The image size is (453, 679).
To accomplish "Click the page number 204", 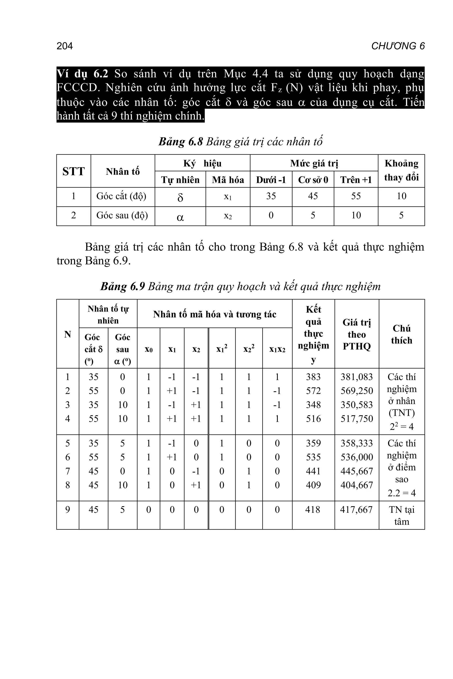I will tap(65, 46).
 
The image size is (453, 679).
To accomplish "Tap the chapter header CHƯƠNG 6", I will tap(398, 46).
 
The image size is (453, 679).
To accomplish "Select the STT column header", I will tap(73, 171).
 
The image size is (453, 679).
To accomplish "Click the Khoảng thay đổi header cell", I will tap(401, 171).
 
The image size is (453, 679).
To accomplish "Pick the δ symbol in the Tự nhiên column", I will tap(180, 197).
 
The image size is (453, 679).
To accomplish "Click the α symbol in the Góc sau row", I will tap(180, 217).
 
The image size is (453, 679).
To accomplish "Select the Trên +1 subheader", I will tap(356, 180).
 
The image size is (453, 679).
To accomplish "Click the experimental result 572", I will tap(313, 391).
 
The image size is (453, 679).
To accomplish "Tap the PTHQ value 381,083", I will tap(357, 377).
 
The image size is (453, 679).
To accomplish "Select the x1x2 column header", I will tap(277, 349).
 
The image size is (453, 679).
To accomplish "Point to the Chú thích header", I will tap(402, 334).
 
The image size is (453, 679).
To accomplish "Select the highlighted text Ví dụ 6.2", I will tap(82, 74).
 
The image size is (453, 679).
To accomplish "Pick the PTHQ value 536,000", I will tap(357, 457).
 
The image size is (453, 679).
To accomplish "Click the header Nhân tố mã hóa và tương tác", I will tap(215, 314).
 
